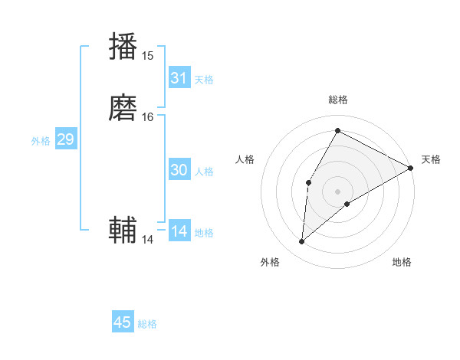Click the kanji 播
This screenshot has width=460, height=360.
coord(123,47)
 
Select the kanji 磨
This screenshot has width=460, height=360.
coord(123,108)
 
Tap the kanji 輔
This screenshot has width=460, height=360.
coord(123,231)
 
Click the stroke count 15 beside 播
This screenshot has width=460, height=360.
coord(148,55)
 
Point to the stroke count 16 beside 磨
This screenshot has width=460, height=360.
coord(148,116)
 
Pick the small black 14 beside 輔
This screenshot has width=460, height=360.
coord(148,240)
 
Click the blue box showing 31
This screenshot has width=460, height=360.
coord(179,78)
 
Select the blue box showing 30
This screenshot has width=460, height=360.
coord(179,170)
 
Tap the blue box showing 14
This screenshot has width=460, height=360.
coord(179,231)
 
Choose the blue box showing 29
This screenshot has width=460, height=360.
coord(65,139)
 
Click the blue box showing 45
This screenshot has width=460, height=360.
coord(123,322)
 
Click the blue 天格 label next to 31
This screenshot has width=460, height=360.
coord(204,80)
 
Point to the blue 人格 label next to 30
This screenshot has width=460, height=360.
coord(204,172)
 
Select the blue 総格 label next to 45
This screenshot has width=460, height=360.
coord(147,324)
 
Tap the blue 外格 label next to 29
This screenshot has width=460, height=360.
coord(41,141)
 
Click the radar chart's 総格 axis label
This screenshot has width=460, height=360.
coord(337,100)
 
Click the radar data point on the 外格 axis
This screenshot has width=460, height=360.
coord(302,242)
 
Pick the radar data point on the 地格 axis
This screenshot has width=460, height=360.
coord(347,204)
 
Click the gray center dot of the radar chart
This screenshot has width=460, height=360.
coord(337,191)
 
